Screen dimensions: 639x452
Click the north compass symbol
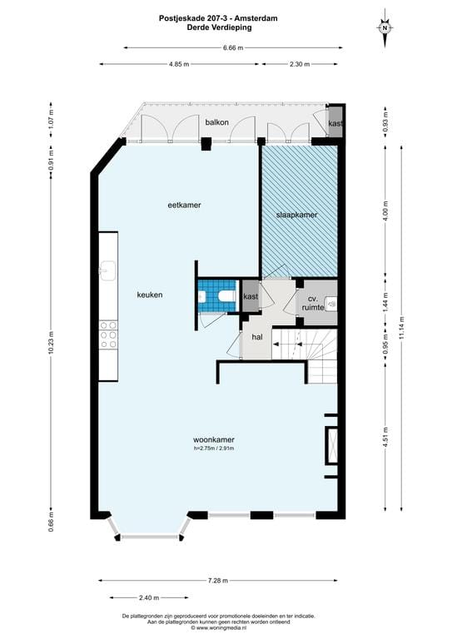[x=385, y=27]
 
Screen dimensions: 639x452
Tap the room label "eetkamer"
[x=184, y=204]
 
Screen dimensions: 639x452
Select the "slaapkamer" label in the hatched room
[x=296, y=215]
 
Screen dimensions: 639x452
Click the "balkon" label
[x=217, y=122]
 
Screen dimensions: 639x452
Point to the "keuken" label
[x=150, y=295]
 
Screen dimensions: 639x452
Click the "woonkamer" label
[x=213, y=440]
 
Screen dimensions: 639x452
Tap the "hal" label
[x=258, y=337]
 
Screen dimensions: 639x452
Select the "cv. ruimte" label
[x=313, y=302]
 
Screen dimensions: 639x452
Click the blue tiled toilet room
[x=218, y=296]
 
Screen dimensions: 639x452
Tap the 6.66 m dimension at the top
[x=233, y=47]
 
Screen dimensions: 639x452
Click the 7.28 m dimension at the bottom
[x=219, y=581]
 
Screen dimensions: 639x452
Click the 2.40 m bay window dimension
[x=147, y=597]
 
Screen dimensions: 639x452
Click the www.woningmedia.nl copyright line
[x=218, y=627]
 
